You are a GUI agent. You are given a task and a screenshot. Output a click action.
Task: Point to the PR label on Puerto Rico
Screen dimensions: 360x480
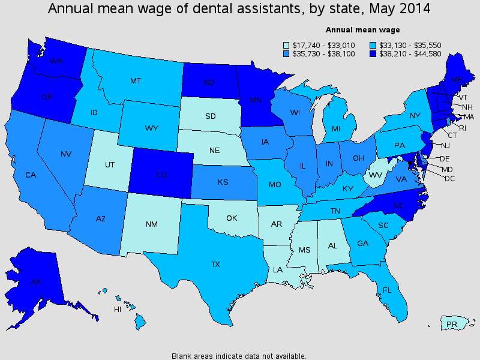point(452,324)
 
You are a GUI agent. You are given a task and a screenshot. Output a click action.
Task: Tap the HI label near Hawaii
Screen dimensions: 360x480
point(118,310)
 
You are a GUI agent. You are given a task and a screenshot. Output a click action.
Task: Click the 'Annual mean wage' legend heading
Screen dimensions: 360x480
point(362,29)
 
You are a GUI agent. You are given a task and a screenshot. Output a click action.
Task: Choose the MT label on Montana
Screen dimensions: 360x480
point(136,80)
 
